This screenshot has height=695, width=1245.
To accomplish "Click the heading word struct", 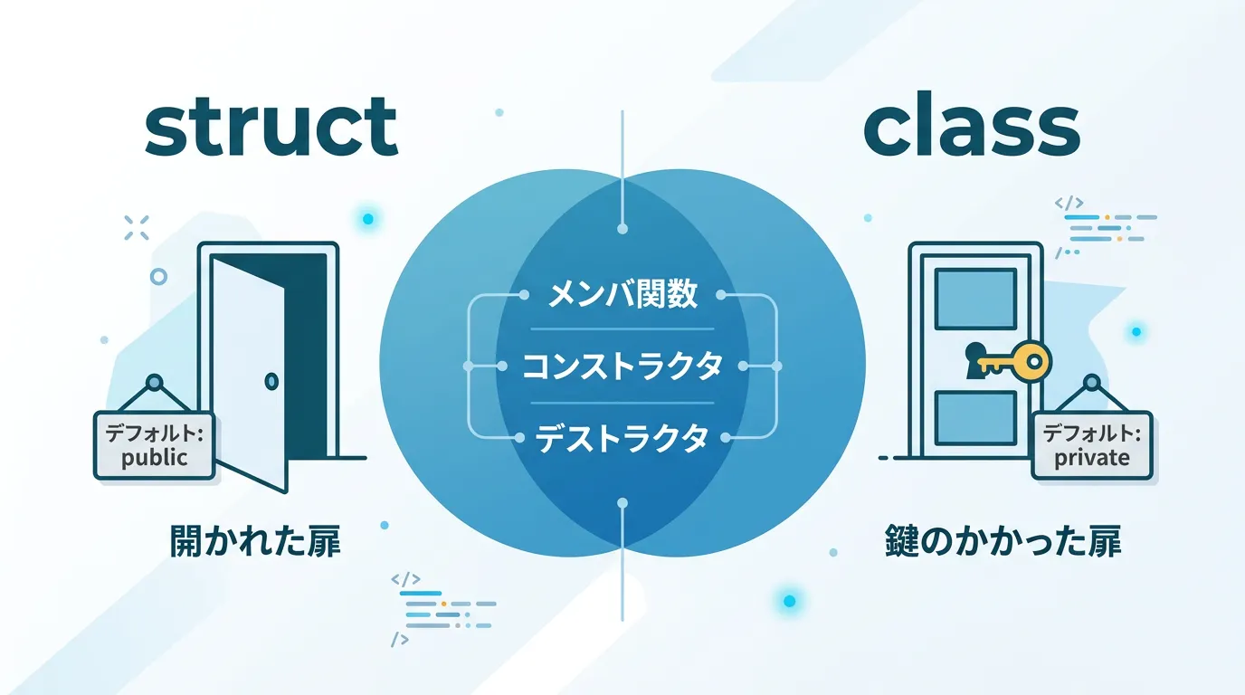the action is tap(271, 128).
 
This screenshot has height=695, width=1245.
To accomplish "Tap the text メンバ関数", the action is tap(622, 294).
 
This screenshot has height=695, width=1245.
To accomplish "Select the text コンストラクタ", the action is tap(622, 366).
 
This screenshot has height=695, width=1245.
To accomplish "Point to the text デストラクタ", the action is tap(622, 438).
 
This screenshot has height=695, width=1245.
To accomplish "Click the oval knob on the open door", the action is tap(271, 381).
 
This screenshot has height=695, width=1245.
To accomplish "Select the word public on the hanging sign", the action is tap(155, 458).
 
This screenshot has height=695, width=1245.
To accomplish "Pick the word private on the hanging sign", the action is tap(1092, 458).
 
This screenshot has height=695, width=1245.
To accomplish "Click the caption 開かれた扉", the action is tap(255, 541).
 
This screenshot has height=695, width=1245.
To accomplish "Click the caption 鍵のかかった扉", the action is tap(1003, 541).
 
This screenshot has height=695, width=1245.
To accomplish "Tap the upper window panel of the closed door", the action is tap(975, 300).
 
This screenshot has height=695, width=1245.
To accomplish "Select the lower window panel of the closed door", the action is tap(975, 418).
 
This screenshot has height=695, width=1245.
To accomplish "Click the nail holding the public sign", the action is tap(155, 383).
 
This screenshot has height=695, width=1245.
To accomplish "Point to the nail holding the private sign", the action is tap(1091, 383).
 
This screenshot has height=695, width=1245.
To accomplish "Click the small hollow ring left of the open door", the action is tap(158, 276).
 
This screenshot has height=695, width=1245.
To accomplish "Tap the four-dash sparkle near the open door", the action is tap(137, 228).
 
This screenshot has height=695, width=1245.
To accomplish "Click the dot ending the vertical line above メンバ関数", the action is tap(622, 229).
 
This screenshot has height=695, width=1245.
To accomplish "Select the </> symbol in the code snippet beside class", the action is tap(1069, 203).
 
